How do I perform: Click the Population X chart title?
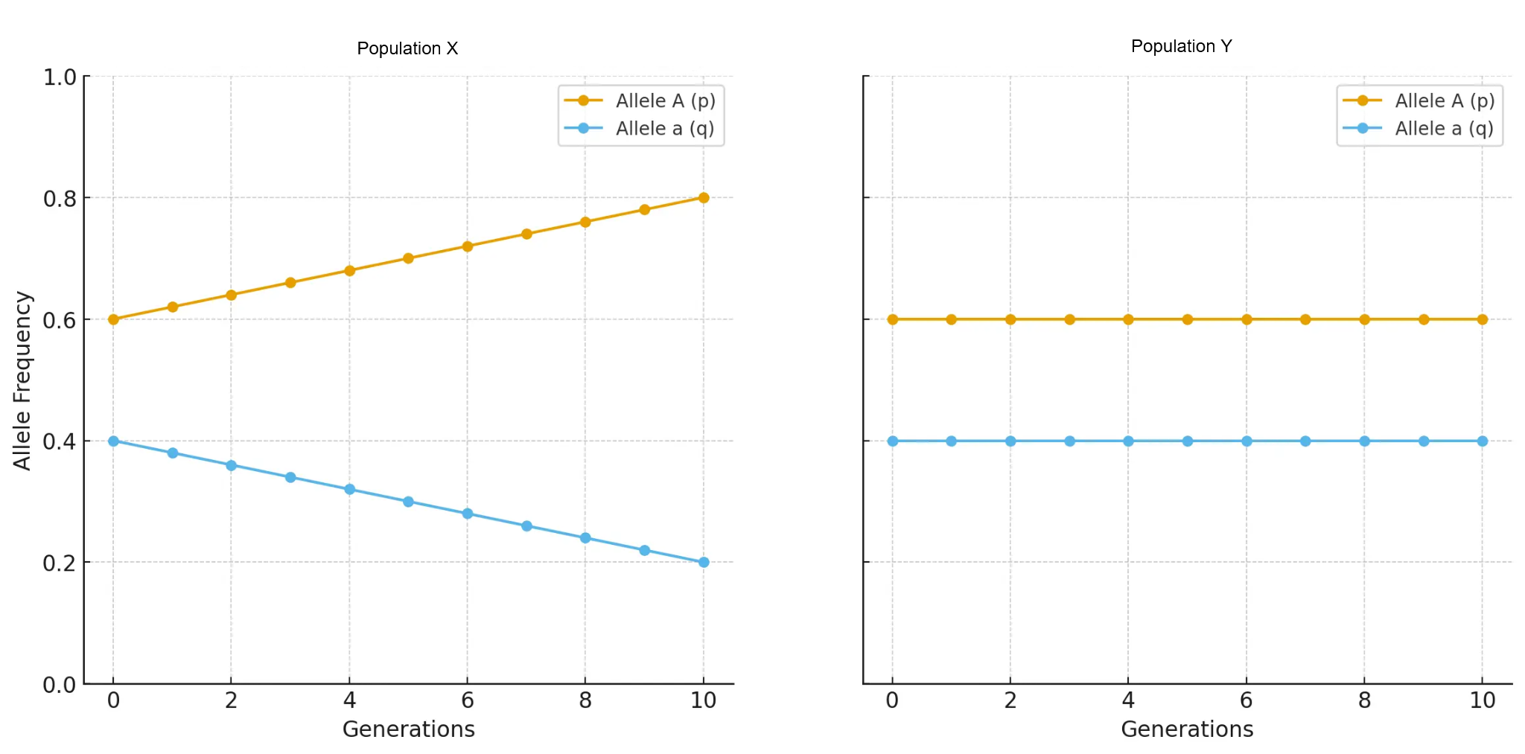coord(407,48)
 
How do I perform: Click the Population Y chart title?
coord(1182,46)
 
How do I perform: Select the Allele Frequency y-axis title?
coord(22,380)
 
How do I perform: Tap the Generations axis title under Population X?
coord(408,729)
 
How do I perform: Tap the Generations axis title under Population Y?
coord(1187,729)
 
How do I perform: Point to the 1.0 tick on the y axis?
coord(60,77)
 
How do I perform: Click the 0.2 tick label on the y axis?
coord(60,563)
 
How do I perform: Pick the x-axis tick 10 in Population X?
coord(703,700)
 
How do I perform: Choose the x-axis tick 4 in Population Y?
coord(1128,700)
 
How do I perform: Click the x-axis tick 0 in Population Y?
coord(892,700)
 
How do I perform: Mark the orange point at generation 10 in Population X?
coord(704,198)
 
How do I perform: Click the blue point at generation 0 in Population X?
coord(113,441)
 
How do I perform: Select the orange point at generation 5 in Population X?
coord(408,258)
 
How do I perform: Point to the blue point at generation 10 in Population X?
coord(704,562)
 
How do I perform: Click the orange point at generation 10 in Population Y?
coord(1483,319)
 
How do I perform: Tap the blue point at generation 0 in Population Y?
coord(892,441)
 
